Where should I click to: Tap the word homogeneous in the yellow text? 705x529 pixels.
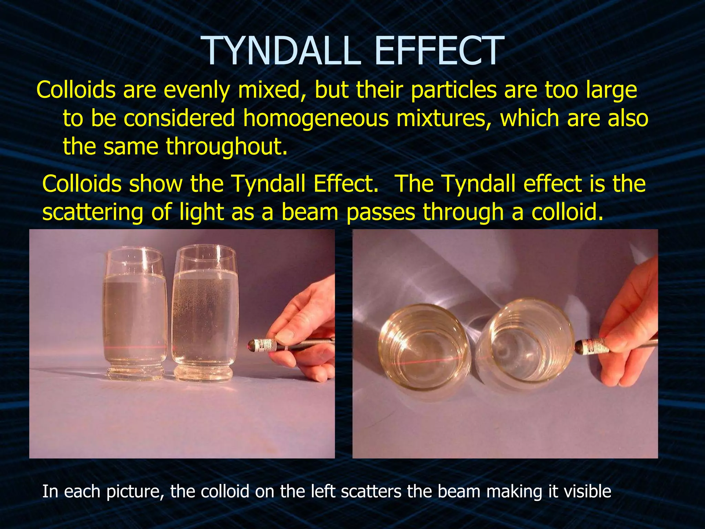pyautogui.click(x=315, y=118)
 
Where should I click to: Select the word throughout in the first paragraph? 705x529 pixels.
pyautogui.click(x=226, y=146)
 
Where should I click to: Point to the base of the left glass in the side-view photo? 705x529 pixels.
pyautogui.click(x=135, y=374)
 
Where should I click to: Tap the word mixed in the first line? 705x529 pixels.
pyautogui.click(x=269, y=90)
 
